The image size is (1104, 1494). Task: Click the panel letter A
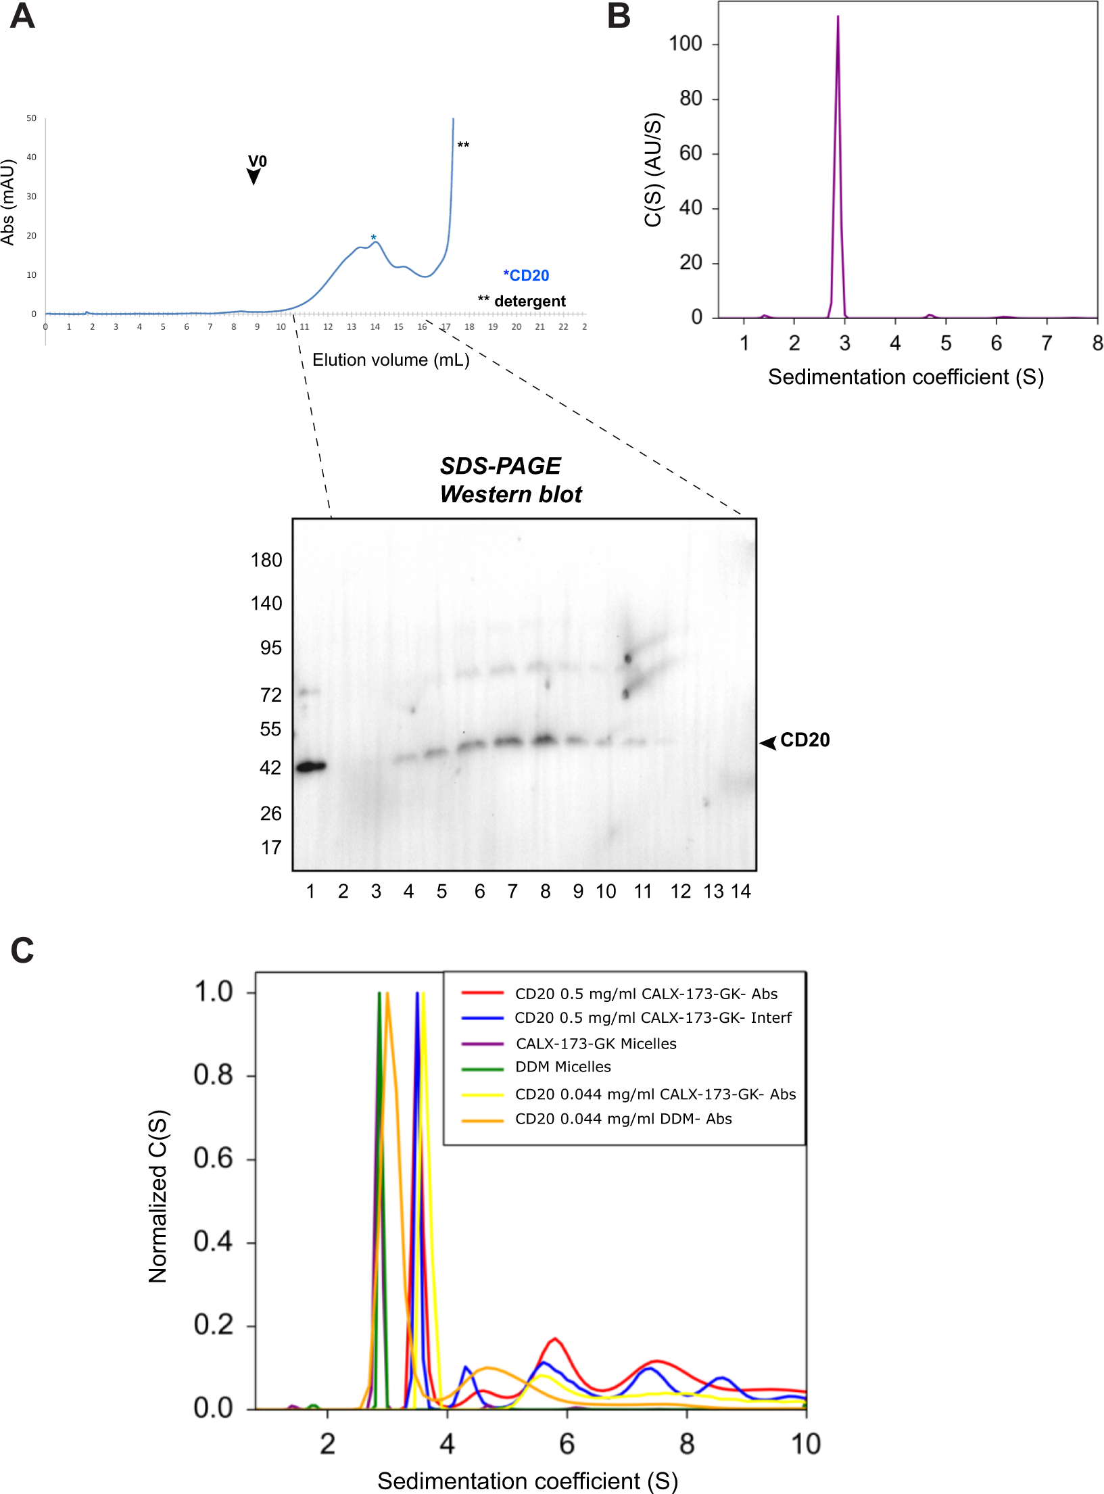click(22, 16)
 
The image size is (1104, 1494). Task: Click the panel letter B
click(619, 16)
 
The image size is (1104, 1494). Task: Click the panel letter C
click(22, 950)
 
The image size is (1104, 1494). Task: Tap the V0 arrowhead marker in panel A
click(254, 177)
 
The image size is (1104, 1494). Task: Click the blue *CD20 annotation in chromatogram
click(526, 276)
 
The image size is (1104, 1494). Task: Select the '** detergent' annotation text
click(522, 301)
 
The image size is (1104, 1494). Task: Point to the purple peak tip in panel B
click(838, 18)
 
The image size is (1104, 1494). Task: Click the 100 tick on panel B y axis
click(686, 44)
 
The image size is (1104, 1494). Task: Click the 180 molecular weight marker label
click(266, 560)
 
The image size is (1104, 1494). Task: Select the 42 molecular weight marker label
click(270, 768)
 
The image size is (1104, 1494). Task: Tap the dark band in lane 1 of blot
click(311, 767)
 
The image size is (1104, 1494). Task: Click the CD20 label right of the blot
click(805, 740)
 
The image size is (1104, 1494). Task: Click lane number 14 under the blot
click(741, 892)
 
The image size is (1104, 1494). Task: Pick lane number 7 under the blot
click(512, 892)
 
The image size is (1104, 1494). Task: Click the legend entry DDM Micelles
click(562, 1067)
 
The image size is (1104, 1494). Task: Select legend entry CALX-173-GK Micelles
click(596, 1044)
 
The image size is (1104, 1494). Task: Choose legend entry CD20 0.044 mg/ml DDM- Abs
click(623, 1119)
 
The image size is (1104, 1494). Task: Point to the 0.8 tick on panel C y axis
click(213, 1075)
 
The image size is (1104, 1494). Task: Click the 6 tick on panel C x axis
click(567, 1445)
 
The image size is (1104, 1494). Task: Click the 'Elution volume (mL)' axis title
click(391, 360)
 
